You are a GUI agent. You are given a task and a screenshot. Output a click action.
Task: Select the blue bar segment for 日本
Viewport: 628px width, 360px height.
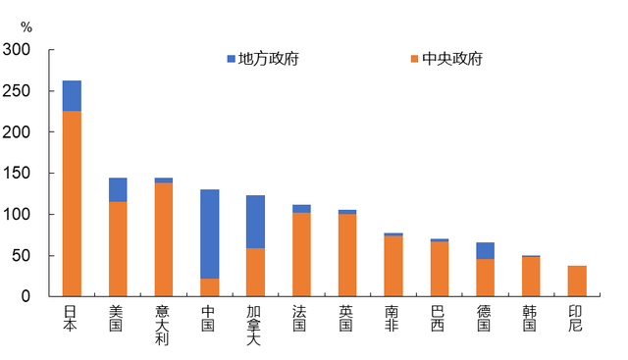[x=72, y=95]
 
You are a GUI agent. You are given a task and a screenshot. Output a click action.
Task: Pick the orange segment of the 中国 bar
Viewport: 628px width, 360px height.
[x=209, y=286]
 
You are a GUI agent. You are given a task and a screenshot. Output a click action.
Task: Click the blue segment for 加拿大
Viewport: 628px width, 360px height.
[x=255, y=222]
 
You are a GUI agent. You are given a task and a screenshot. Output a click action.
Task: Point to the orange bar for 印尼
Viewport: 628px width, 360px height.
[x=577, y=281]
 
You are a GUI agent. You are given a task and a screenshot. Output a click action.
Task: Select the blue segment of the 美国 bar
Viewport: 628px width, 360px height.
[x=118, y=189]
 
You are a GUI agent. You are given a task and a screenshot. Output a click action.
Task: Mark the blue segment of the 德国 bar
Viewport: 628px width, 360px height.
[x=485, y=250]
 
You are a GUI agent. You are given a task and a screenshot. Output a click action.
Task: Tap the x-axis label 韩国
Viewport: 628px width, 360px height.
[x=531, y=318]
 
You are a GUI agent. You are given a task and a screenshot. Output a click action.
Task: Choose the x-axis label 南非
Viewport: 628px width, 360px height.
[x=392, y=318]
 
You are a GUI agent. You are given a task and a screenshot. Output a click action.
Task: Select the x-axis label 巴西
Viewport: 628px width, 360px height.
[x=439, y=318]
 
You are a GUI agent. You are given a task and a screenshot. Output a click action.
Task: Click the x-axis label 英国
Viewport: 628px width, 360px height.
[x=347, y=318]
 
